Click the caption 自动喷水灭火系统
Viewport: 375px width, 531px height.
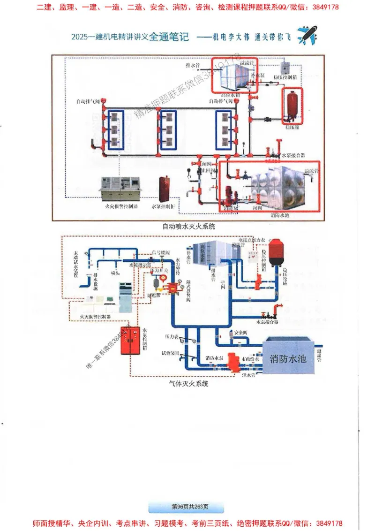click(x=188, y=226)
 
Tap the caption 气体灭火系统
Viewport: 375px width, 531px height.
click(x=189, y=383)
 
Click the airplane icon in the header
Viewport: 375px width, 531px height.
click(x=307, y=36)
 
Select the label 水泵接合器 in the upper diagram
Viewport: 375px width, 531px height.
click(x=293, y=154)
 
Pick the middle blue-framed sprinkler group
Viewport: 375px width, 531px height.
click(x=168, y=130)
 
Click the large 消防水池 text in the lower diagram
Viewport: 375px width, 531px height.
click(x=288, y=359)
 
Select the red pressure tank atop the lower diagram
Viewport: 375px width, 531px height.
click(x=277, y=250)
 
